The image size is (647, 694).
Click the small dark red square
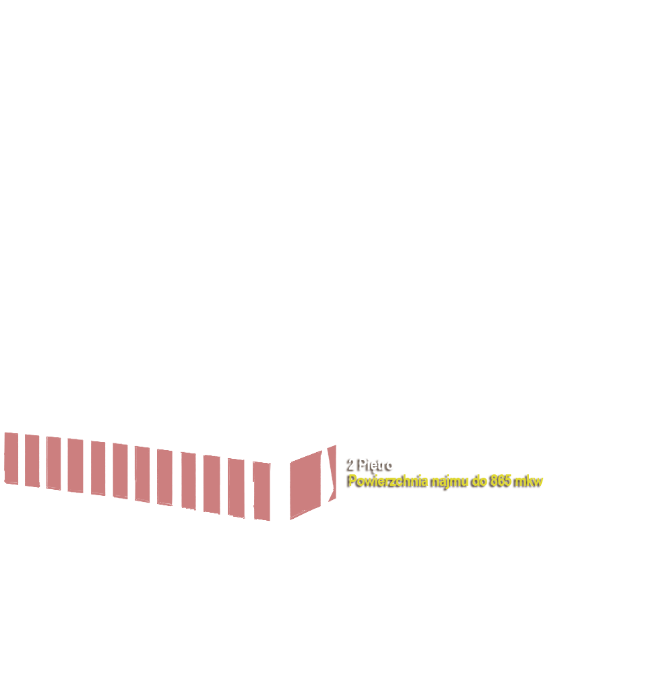(22, 460)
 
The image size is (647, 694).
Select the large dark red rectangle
(195, 478)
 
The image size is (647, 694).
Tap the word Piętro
(376, 464)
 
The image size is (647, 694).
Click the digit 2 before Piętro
(352, 464)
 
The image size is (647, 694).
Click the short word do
(481, 480)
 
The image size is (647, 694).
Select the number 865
(502, 480)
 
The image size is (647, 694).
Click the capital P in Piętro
(363, 464)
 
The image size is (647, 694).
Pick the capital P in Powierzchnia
(352, 480)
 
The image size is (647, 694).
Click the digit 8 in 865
(495, 480)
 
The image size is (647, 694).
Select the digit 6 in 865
(502, 480)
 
